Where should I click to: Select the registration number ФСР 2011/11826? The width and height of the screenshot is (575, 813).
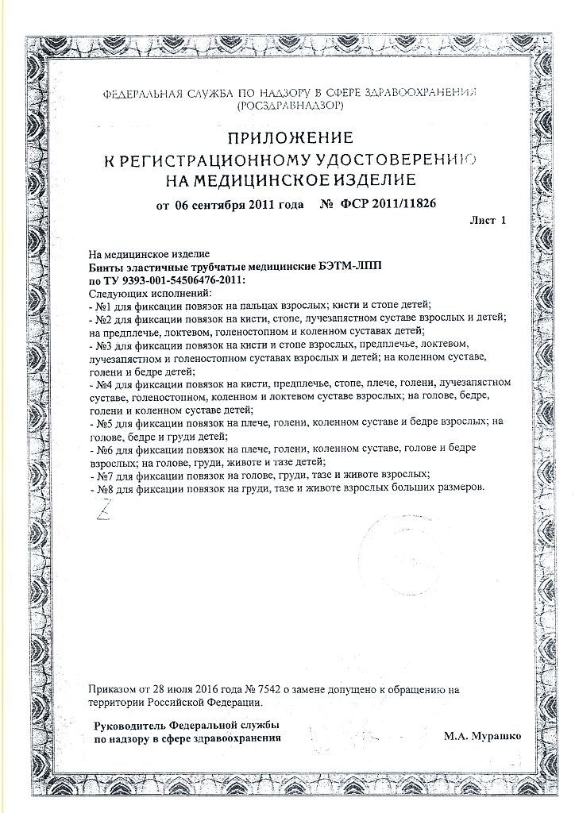click(389, 204)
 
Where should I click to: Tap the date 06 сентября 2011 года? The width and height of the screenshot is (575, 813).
click(237, 204)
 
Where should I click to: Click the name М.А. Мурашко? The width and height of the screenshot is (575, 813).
click(482, 737)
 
